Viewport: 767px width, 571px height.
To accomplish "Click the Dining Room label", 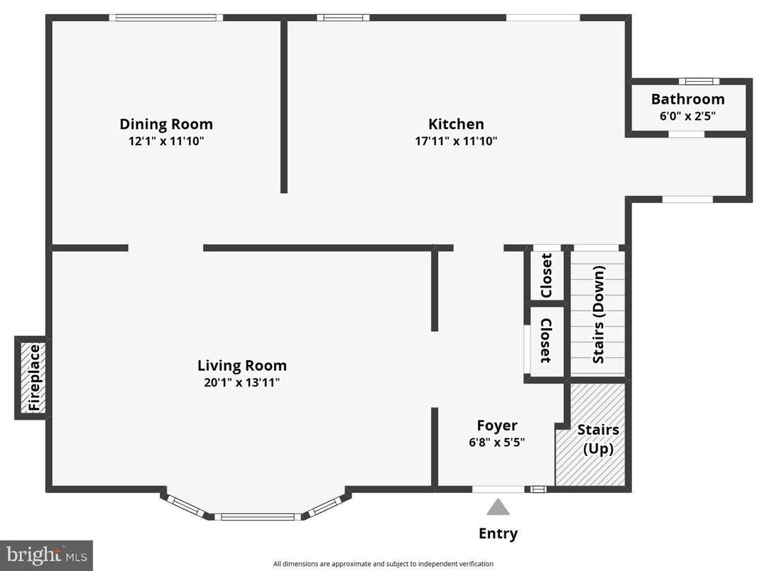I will click(x=165, y=124).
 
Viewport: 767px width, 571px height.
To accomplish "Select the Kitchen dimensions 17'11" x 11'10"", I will click(x=456, y=141).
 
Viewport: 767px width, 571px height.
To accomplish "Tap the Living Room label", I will click(x=241, y=366).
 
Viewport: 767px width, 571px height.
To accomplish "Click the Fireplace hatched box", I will click(x=32, y=378).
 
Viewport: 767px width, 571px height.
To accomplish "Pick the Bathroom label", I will click(x=687, y=99).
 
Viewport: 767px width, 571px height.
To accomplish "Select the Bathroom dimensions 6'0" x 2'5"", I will click(x=687, y=115).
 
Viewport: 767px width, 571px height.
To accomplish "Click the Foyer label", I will click(x=496, y=425).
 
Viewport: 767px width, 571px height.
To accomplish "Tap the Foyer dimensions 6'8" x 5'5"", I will click(x=496, y=441).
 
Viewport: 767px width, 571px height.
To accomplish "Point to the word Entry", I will click(x=498, y=533).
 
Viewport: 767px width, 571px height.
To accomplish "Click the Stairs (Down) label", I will click(x=599, y=314).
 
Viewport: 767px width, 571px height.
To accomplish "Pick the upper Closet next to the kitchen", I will click(x=546, y=276).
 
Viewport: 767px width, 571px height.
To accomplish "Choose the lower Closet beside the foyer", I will click(x=546, y=341).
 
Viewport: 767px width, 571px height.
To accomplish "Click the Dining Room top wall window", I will click(x=166, y=18).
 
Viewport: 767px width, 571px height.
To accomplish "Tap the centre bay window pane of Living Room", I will click(x=257, y=516).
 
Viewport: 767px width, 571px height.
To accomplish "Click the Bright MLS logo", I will click(x=46, y=555).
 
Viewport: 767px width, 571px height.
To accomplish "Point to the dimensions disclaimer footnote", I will click(x=383, y=564).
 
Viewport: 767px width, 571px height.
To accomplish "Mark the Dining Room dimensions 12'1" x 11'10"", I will click(x=165, y=141).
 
